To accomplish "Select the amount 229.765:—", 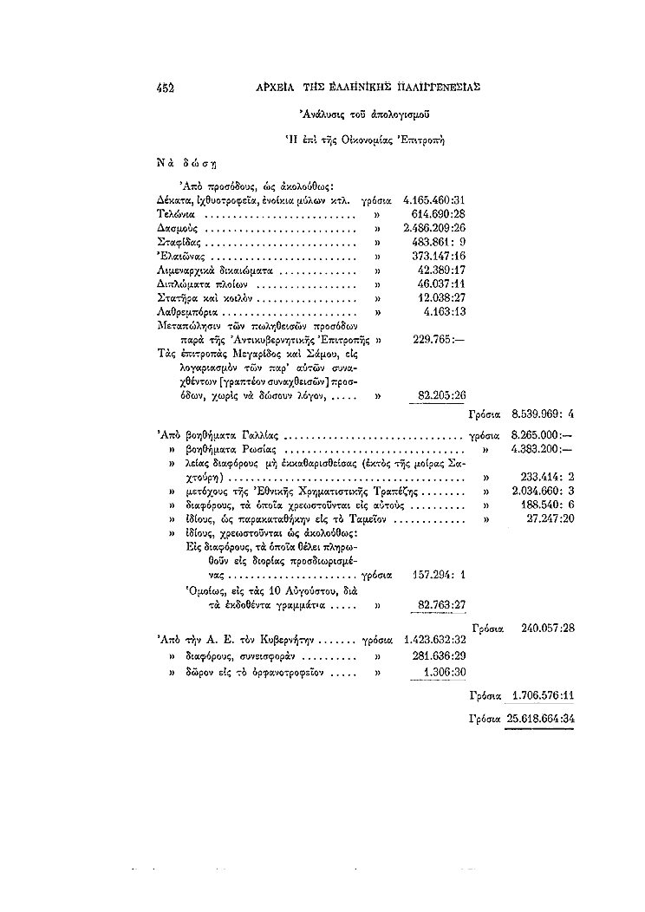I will pyautogui.click(x=442, y=340).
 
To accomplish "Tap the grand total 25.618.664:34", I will pyautogui.click(x=543, y=719).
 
